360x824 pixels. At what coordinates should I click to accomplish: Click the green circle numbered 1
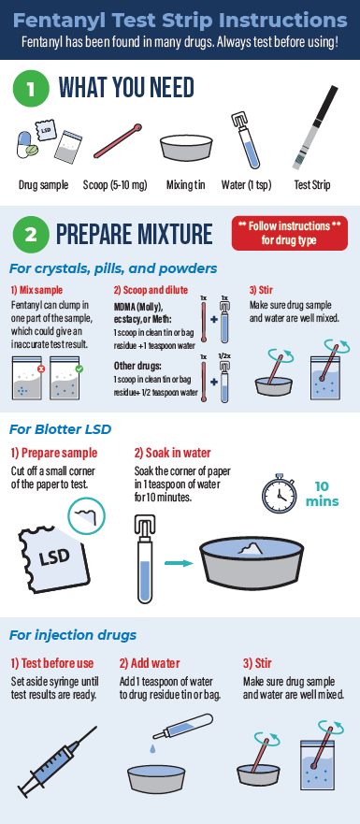click(31, 88)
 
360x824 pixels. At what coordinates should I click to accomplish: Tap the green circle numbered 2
click(31, 235)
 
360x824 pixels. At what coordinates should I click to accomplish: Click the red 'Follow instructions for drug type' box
click(290, 233)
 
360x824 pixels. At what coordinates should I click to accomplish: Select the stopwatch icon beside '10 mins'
click(279, 494)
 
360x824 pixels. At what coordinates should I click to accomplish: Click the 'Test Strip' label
click(312, 185)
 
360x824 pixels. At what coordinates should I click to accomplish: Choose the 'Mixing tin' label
click(185, 185)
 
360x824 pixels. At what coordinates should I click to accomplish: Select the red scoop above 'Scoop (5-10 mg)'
click(118, 141)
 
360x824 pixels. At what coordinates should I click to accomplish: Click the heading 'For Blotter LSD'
click(60, 429)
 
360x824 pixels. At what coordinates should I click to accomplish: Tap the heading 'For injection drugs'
click(73, 635)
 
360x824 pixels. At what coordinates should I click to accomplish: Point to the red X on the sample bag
click(41, 369)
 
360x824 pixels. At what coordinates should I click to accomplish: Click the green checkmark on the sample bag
click(79, 369)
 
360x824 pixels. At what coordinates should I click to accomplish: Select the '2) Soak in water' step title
click(172, 453)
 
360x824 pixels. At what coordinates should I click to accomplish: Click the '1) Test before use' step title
click(52, 663)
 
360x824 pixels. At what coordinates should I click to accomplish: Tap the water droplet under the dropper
click(152, 748)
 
